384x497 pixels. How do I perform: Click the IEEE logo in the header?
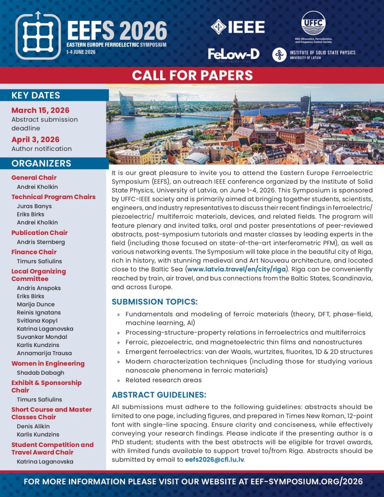click(x=237, y=27)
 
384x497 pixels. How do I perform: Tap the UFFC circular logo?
click(x=313, y=22)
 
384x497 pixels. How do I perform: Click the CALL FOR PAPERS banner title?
click(x=192, y=76)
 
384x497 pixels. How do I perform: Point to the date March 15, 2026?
click(x=40, y=110)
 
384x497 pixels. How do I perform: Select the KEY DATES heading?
click(x=35, y=95)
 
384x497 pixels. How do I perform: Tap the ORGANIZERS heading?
click(x=41, y=164)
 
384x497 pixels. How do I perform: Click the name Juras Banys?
click(x=34, y=206)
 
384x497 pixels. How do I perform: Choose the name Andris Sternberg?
click(x=41, y=242)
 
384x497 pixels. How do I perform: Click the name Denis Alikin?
click(x=34, y=427)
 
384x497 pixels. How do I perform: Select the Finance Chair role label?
click(x=34, y=252)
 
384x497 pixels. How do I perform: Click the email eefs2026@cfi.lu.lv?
click(x=215, y=459)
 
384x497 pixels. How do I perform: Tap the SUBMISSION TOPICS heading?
click(x=154, y=302)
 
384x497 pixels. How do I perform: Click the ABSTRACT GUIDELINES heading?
click(x=159, y=395)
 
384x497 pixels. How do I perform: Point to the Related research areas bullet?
click(x=163, y=380)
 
